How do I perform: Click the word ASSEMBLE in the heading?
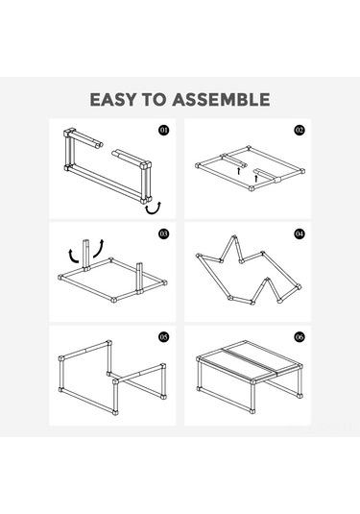click(x=221, y=100)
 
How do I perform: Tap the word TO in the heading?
click(x=154, y=100)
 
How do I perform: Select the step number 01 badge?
click(x=164, y=131)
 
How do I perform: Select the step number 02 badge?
click(x=300, y=131)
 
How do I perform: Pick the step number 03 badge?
click(x=164, y=233)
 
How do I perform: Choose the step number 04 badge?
click(x=300, y=233)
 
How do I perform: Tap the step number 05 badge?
click(x=164, y=337)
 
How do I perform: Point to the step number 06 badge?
click(x=300, y=337)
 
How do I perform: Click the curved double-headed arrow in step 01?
click(x=154, y=211)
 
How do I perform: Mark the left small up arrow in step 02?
click(x=239, y=171)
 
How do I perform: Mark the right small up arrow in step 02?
click(x=256, y=178)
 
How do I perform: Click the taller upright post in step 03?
click(x=85, y=255)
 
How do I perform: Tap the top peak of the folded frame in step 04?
click(x=234, y=237)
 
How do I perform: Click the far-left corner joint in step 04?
click(x=198, y=256)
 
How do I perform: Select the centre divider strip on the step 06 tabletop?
click(x=250, y=360)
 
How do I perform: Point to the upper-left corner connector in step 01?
click(x=67, y=134)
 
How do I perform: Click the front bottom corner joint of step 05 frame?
click(x=115, y=412)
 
